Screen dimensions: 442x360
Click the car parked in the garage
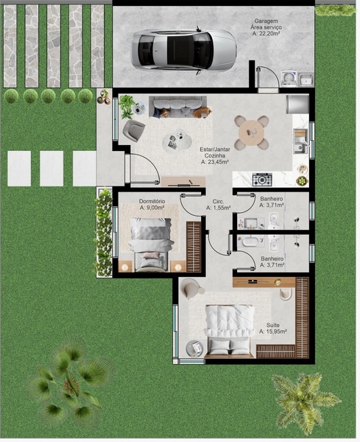183,49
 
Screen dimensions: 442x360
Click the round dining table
252,133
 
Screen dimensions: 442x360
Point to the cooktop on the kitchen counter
262,179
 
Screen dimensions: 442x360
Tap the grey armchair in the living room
134,131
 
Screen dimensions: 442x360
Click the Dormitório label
152,201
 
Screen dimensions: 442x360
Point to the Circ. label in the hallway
218,200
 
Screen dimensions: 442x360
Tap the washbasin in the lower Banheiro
250,240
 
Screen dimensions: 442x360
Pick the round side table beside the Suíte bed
195,349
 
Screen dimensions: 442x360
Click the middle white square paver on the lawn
52,169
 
